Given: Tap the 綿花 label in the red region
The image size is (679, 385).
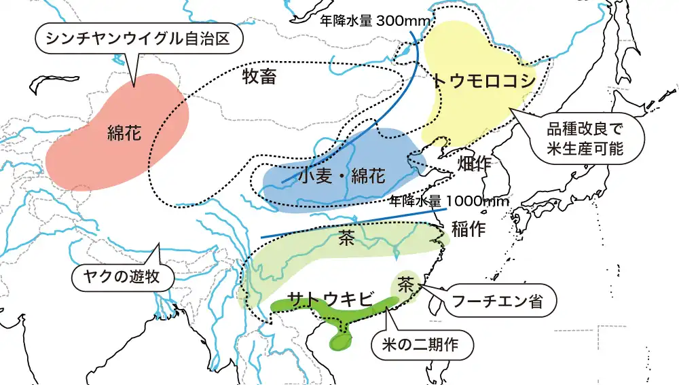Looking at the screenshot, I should point(124,133).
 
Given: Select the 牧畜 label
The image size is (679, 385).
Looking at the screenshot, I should point(259,77).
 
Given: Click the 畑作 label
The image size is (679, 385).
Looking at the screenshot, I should point(475,164).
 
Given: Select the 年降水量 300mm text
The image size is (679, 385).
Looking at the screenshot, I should point(375,20).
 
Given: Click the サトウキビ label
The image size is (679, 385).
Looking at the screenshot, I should point(331,299).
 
